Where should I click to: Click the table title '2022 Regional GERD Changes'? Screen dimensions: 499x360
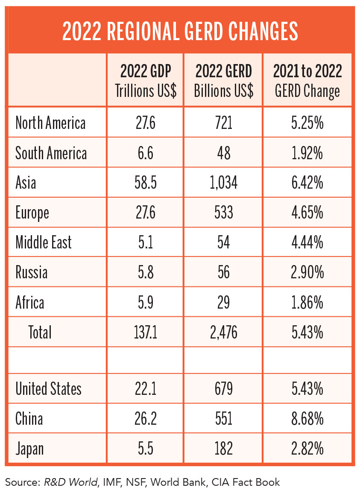(180, 30)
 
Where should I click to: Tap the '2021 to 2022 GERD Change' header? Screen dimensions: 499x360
(307, 80)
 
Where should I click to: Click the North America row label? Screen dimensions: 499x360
(50, 123)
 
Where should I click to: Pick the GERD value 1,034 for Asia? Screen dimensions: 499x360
(223, 183)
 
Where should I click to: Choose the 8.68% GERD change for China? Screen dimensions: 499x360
(307, 419)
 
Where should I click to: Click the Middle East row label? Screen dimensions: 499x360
(44, 242)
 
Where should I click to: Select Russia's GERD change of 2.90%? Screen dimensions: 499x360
(307, 272)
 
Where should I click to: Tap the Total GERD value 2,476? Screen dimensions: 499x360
(223, 332)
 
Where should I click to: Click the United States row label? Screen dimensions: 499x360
(48, 389)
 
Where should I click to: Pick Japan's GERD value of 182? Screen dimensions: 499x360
(223, 449)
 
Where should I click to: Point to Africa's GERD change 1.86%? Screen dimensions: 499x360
(307, 303)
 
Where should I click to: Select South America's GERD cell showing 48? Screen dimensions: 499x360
(223, 153)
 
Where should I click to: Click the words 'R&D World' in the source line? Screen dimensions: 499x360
(70, 482)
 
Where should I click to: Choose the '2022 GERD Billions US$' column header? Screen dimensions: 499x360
(223, 80)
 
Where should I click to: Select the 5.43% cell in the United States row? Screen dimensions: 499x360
(307, 389)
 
